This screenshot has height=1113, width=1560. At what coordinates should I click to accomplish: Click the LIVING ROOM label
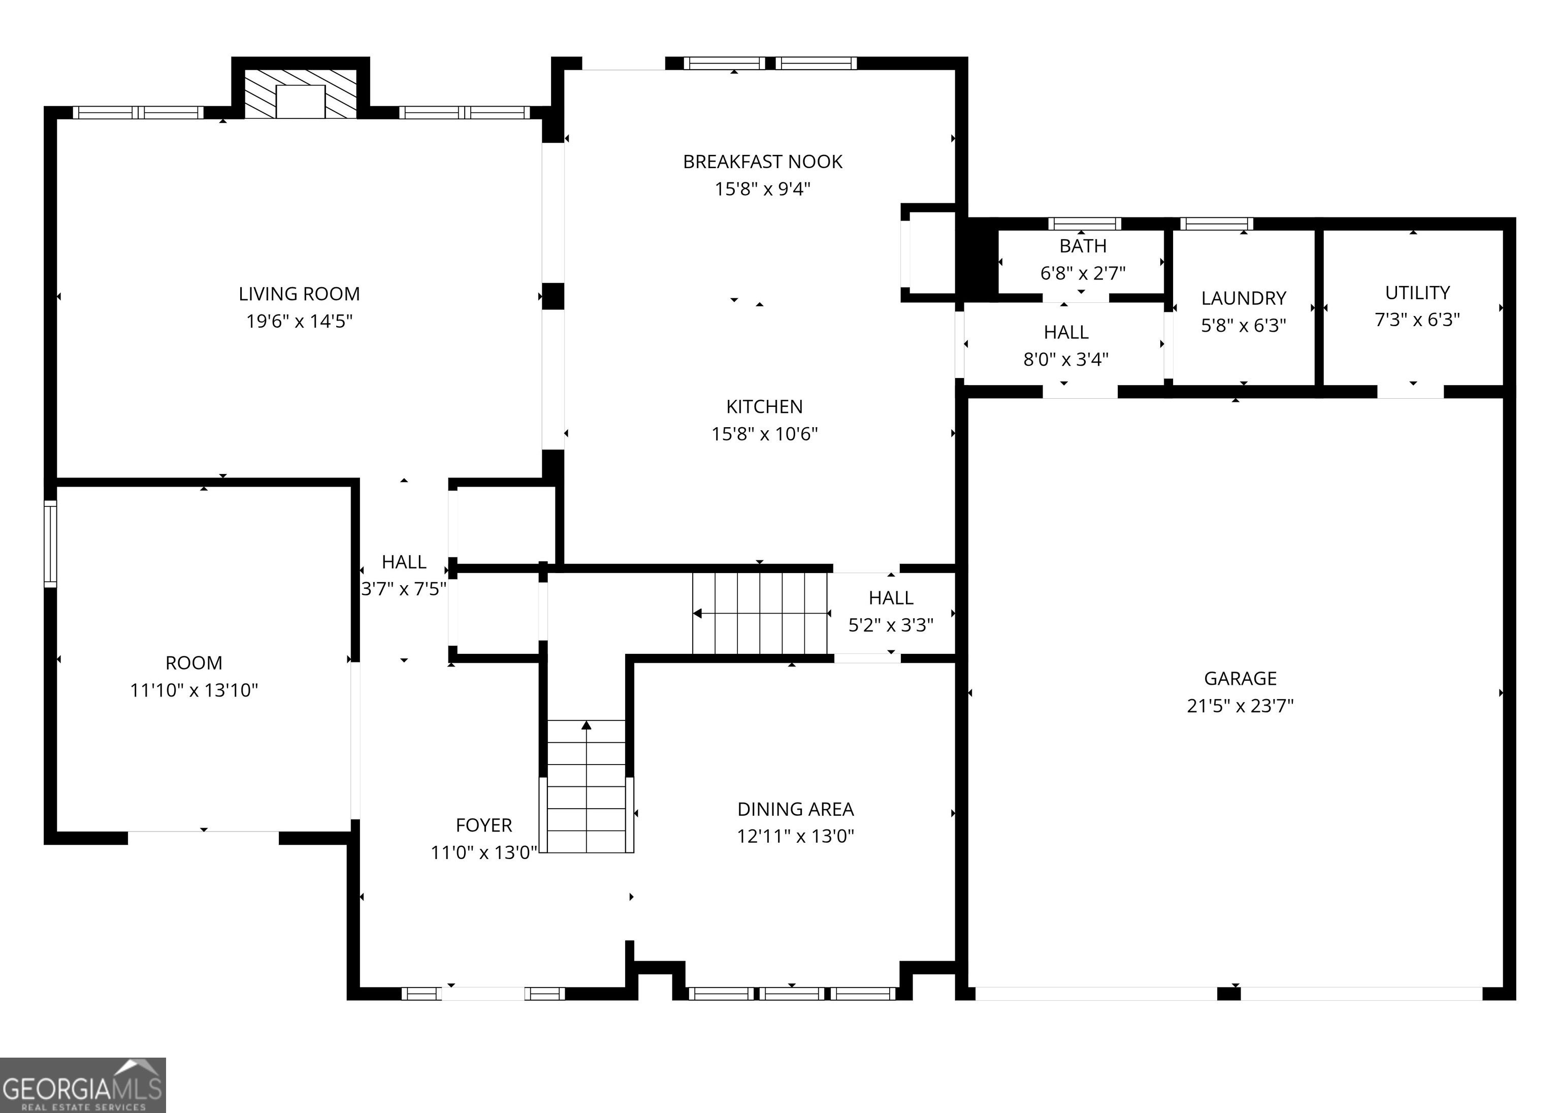(299, 294)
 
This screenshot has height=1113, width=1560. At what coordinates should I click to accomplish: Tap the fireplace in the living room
(301, 94)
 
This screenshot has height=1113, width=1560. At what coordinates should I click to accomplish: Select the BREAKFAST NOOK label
(763, 162)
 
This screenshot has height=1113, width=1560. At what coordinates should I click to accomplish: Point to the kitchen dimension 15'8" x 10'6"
(765, 434)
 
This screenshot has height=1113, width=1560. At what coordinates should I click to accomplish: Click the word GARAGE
(1240, 679)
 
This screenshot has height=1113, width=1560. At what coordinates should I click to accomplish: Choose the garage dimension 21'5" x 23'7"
(1240, 706)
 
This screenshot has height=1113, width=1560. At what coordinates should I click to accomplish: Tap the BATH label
(1083, 246)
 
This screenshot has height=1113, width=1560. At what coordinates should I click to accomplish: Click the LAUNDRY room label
(1244, 298)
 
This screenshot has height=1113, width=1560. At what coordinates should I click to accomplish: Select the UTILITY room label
(1417, 293)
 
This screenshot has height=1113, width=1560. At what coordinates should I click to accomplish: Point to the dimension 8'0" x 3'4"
(1066, 359)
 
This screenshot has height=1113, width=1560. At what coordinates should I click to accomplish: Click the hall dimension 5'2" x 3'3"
(891, 625)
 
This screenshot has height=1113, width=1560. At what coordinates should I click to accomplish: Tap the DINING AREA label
(795, 809)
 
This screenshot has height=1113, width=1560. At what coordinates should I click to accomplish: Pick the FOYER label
(483, 825)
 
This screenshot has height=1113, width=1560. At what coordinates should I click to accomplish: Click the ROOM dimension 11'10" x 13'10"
(194, 690)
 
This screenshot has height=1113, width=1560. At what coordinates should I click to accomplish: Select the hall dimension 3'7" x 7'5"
(404, 589)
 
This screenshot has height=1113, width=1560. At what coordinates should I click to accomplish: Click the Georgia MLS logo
(83, 1085)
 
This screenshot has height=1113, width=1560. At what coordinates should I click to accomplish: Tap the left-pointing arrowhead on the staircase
(697, 613)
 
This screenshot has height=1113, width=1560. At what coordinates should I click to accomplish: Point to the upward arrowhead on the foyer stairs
(587, 725)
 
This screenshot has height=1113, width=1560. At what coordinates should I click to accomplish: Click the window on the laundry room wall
(1217, 224)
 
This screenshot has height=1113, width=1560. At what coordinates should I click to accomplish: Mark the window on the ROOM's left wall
(50, 544)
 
